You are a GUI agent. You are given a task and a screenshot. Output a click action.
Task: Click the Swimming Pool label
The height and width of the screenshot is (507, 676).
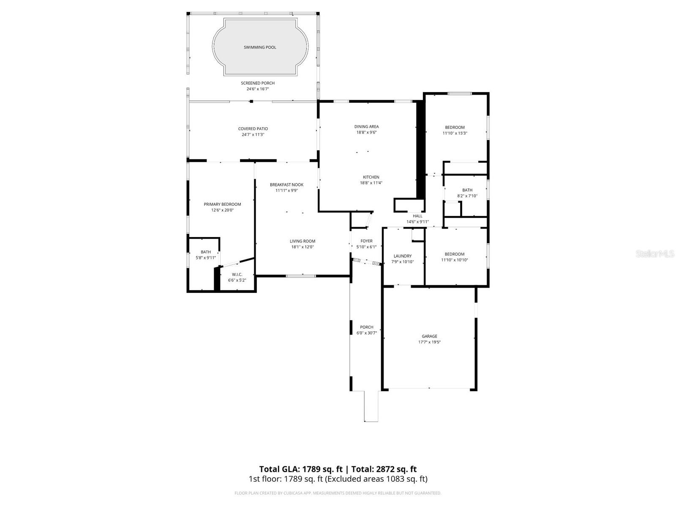260,47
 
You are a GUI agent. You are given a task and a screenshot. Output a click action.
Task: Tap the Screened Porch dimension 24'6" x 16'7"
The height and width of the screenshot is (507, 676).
258,89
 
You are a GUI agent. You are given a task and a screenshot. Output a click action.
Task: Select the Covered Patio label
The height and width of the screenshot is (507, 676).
253,129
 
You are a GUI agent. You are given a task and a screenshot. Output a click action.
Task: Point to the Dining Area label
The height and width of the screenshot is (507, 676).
366,126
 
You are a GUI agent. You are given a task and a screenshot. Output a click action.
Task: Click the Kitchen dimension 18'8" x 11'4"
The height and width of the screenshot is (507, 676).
371,183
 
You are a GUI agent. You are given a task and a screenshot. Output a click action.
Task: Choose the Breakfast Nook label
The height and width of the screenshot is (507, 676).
286,185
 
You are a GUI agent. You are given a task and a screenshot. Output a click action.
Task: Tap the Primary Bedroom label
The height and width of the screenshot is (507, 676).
222,204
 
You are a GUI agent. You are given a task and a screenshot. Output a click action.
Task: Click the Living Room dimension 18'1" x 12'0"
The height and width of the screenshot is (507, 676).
303,247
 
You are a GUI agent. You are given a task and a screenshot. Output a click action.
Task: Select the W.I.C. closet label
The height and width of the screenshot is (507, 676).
237,275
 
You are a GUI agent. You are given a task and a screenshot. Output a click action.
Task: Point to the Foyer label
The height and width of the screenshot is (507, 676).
366,241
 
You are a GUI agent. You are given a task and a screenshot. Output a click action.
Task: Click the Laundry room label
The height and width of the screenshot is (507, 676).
402,256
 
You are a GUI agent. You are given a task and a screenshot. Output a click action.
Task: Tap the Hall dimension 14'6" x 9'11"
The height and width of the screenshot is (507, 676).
417,222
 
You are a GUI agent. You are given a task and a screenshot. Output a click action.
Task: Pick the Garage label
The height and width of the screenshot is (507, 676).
429,336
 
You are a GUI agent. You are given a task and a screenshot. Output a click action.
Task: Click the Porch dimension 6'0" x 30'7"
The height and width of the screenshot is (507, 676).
367,333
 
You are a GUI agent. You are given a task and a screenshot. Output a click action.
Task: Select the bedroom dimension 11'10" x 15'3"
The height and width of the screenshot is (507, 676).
455,133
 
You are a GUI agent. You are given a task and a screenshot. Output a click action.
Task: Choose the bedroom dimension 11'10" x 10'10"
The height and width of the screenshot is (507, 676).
455,260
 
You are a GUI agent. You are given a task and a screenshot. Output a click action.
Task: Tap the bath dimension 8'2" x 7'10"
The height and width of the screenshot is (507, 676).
467,196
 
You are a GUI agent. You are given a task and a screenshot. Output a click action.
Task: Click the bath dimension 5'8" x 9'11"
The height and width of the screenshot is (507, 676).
206,258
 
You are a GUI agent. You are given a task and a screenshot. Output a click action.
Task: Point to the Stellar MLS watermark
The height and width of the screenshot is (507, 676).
654,254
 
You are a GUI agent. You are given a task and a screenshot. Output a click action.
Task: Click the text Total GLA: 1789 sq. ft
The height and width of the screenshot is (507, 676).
301,469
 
